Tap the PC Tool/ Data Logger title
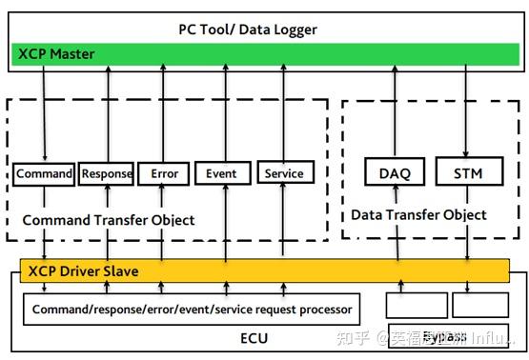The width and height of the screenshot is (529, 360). pyautogui.click(x=247, y=30)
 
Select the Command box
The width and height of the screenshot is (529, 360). pyautogui.click(x=44, y=173)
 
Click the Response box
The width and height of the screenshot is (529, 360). pyautogui.click(x=107, y=173)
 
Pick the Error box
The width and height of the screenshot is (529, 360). pyautogui.click(x=164, y=173)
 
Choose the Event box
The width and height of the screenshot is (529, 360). pyautogui.click(x=222, y=173)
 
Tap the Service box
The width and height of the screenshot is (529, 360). pyautogui.click(x=284, y=173)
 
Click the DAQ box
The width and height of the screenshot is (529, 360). pyautogui.click(x=395, y=172)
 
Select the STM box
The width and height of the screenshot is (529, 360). pyautogui.click(x=467, y=172)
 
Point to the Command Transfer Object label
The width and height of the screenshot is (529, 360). pyautogui.click(x=108, y=220)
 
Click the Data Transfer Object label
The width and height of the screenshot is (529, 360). pyautogui.click(x=418, y=215)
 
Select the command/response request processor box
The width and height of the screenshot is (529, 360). pyautogui.click(x=192, y=309)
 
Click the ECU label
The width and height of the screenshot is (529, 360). pyautogui.click(x=254, y=338)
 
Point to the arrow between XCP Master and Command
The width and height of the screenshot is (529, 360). pyautogui.click(x=44, y=112)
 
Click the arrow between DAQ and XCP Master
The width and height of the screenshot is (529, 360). pyautogui.click(x=395, y=111)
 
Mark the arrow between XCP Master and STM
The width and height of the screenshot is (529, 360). pyautogui.click(x=467, y=111)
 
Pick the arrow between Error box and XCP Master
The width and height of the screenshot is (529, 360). pyautogui.click(x=164, y=112)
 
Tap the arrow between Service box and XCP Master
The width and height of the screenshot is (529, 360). pyautogui.click(x=284, y=112)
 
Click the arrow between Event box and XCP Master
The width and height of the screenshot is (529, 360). pyautogui.click(x=222, y=112)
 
